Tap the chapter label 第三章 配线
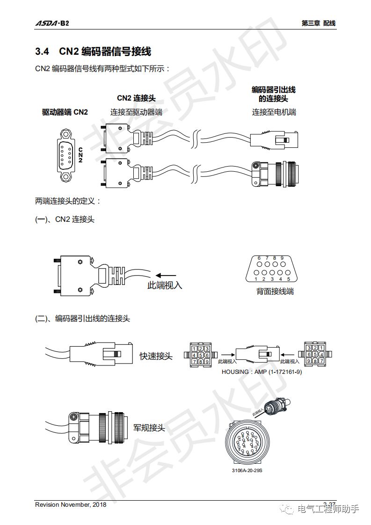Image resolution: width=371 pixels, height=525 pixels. (x=319, y=23)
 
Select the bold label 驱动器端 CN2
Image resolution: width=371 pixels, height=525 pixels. (x=65, y=112)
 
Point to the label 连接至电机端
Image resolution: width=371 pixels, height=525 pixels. (x=274, y=112)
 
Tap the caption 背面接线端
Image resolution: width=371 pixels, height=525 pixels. (x=275, y=291)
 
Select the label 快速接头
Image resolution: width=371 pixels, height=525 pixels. (x=156, y=357)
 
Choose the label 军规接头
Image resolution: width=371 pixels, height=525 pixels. (x=149, y=427)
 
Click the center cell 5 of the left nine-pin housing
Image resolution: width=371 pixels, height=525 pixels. (x=200, y=355)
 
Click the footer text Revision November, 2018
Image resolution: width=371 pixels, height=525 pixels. (x=71, y=504)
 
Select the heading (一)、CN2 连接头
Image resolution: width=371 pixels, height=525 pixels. (x=65, y=219)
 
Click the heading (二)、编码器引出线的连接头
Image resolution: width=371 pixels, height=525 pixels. (x=82, y=319)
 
